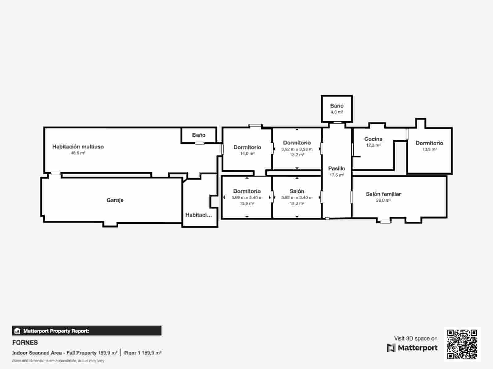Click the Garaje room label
tap(115, 200)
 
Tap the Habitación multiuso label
tap(78, 147)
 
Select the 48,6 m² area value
tap(78, 153)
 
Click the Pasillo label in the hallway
tap(336, 169)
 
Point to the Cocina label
tap(373, 139)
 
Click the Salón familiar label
tap(383, 194)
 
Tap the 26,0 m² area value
tap(383, 200)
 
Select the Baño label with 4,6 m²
tap(336, 106)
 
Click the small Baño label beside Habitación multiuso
tap(199, 135)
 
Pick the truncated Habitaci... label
tap(198, 215)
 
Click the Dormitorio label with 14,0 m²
tap(247, 147)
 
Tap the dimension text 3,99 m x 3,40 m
tap(247, 198)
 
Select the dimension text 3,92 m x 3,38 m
tap(297, 149)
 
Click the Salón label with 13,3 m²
tap(297, 191)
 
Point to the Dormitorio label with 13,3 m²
tap(429, 143)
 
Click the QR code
tap(462, 344)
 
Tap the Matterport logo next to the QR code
tap(412, 348)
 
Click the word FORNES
tap(25, 343)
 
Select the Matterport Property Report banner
tap(87, 331)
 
